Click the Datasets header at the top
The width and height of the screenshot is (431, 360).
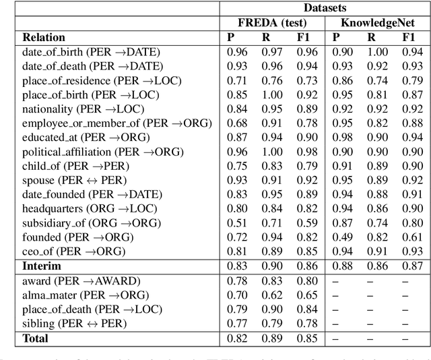[323, 7]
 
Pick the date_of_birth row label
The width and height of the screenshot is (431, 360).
[91, 52]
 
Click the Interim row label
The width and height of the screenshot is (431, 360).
[42, 266]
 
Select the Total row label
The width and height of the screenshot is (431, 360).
[36, 337]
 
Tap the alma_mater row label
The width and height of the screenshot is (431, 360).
[85, 294]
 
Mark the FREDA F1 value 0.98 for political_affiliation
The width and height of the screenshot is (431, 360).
[306, 152]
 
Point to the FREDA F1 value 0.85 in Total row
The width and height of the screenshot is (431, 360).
[306, 337]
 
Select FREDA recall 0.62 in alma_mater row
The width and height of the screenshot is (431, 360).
[271, 294]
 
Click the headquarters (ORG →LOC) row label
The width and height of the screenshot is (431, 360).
[91, 208]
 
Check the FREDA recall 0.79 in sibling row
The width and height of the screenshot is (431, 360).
[271, 322]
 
